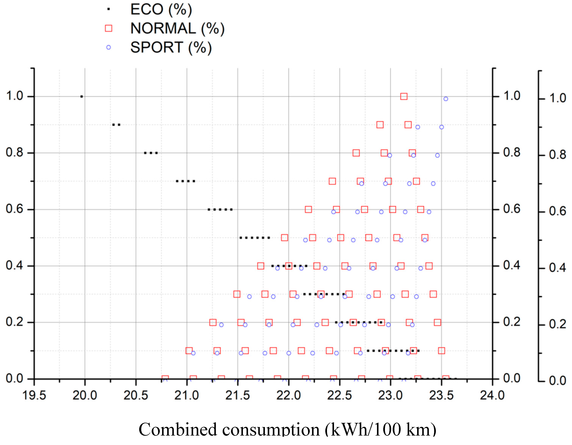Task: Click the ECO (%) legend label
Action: pos(161,9)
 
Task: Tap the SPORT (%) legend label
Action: pos(171,47)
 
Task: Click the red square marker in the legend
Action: pos(108,28)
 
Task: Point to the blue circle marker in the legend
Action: pos(108,47)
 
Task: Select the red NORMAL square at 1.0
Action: pos(404,96)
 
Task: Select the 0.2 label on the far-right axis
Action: pos(557,324)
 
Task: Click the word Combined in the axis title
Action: pos(178,430)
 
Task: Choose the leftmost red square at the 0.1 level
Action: pos(189,351)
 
